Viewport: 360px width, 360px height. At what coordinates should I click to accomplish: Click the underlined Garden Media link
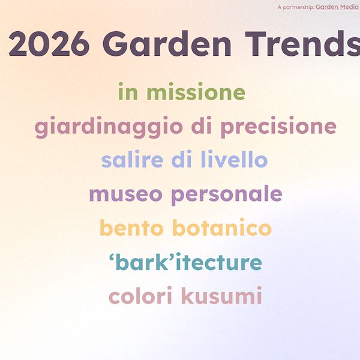click(x=337, y=7)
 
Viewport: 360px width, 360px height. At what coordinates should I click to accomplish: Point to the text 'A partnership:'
click(x=296, y=7)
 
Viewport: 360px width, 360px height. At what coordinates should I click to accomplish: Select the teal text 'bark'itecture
click(x=185, y=263)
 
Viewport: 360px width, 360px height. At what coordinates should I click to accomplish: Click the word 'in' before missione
click(x=128, y=93)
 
